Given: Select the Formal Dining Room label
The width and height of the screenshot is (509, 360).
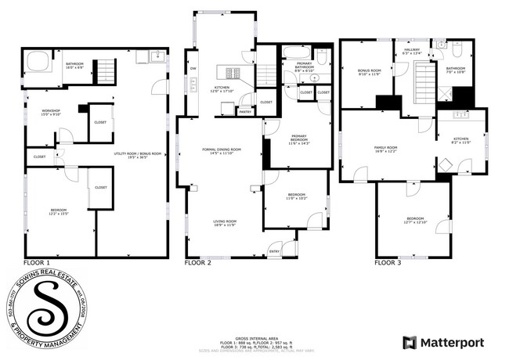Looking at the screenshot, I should click(222, 150).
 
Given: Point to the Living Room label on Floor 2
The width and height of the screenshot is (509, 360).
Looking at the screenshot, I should click(225, 223).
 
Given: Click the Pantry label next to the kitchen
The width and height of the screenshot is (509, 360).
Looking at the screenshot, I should click(245, 112).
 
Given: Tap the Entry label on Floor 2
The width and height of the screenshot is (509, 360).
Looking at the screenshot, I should click(274, 251).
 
